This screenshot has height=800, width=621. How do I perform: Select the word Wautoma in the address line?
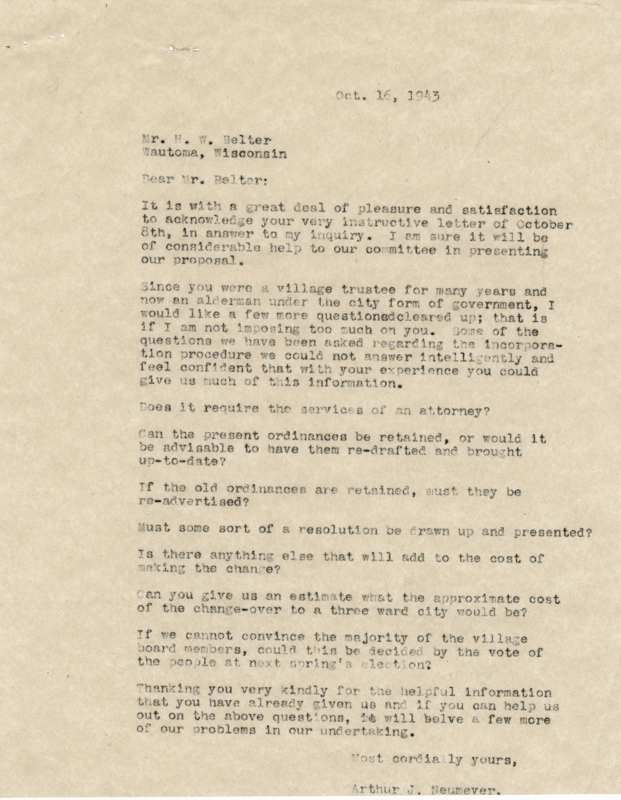click(170, 154)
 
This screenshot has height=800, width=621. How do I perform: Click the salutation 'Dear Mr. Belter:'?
click(205, 180)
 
